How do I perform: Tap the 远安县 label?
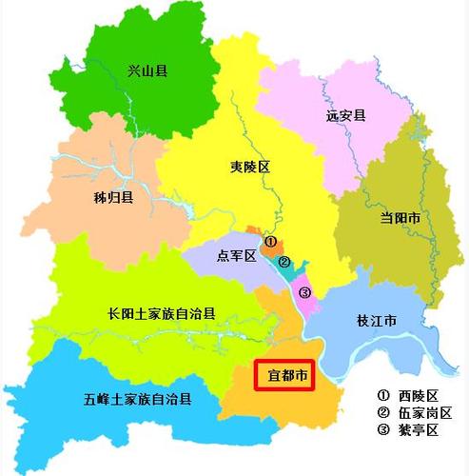point(345,115)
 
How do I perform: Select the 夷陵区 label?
point(251,167)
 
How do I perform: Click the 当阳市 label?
point(401,218)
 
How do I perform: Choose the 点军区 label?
point(238,256)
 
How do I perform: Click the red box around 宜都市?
point(283,376)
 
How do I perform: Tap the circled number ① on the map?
point(270,242)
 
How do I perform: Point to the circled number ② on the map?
point(284,260)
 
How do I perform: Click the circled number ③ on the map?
point(304,292)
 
